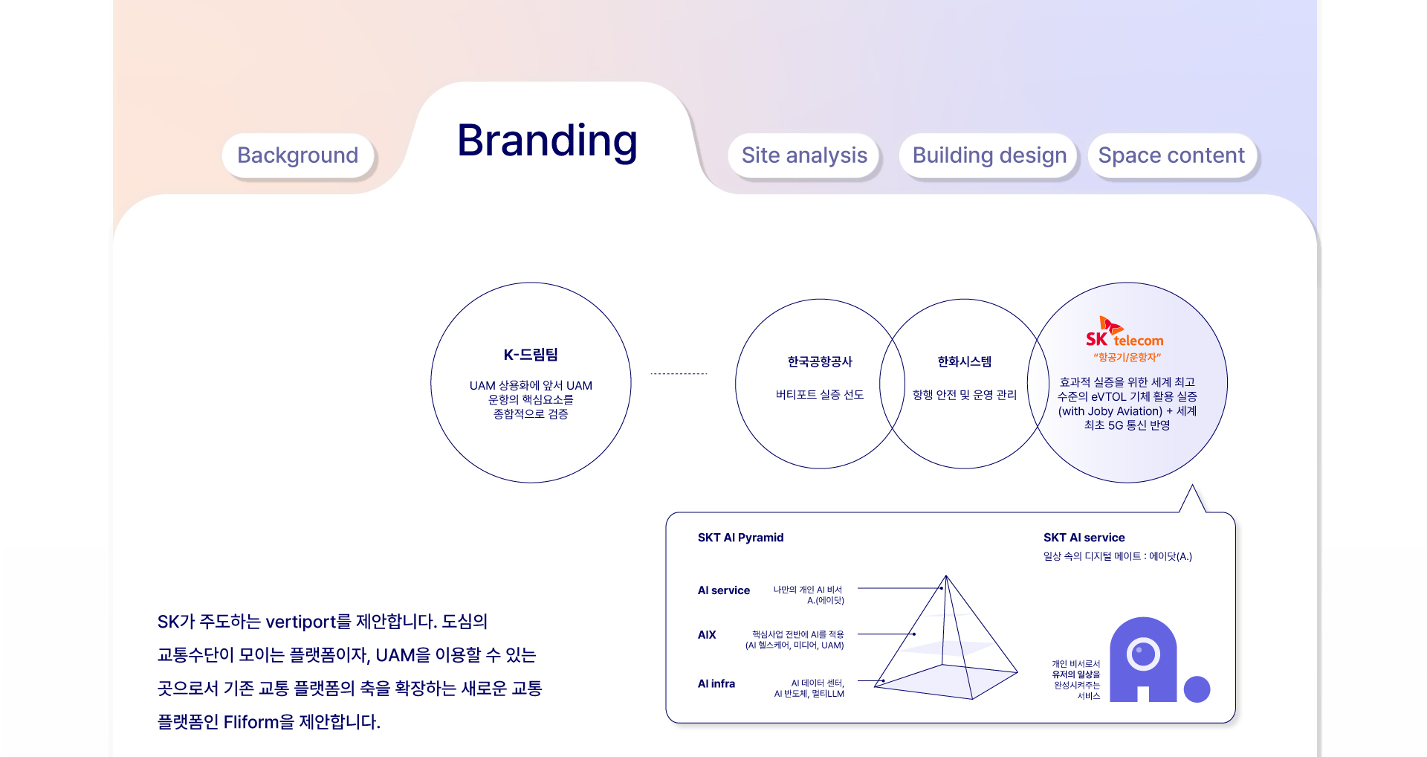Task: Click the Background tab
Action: pos(297,155)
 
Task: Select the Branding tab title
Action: pos(548,141)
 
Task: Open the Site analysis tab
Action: pos(804,155)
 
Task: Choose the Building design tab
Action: pos(989,155)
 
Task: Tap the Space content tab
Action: pos(1171,155)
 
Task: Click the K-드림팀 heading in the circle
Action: pos(531,355)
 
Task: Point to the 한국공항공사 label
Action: pos(820,361)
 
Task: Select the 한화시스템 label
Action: pos(964,361)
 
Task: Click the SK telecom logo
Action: pos(1125,332)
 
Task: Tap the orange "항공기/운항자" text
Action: pos(1127,358)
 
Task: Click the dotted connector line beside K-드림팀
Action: pos(679,373)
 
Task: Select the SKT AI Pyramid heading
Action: pos(740,538)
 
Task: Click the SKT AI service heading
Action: pos(1084,538)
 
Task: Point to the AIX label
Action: pos(707,635)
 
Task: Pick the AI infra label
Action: pos(716,684)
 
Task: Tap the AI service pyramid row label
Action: pos(723,590)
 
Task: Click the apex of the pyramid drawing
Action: pos(946,576)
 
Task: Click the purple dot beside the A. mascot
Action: pos(1197,689)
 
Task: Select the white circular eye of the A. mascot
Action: pos(1143,654)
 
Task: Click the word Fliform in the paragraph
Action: pos(250,722)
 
